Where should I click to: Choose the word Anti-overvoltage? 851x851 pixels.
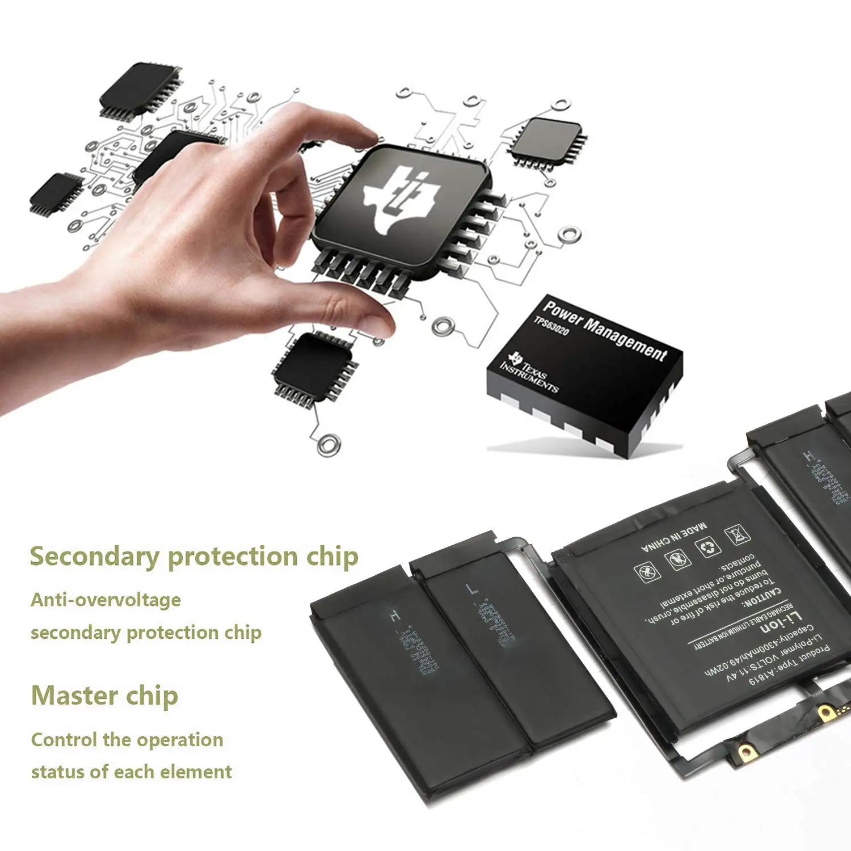click(106, 600)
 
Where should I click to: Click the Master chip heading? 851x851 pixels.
click(105, 696)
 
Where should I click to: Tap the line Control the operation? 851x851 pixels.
click(127, 740)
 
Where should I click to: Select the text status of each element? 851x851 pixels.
click(132, 772)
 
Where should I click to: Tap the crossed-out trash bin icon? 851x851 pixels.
click(737, 534)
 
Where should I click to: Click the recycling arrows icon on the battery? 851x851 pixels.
click(708, 547)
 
